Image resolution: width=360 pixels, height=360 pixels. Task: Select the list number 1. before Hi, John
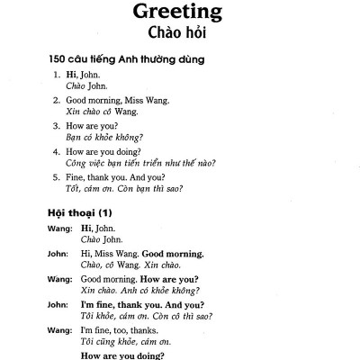click(x=58, y=76)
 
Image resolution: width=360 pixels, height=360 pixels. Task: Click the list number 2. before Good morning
click(x=58, y=101)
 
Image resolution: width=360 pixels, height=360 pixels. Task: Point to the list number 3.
click(x=58, y=126)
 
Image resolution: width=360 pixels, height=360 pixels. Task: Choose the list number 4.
click(x=58, y=151)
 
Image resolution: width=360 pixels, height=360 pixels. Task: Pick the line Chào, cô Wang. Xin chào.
click(x=129, y=266)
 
